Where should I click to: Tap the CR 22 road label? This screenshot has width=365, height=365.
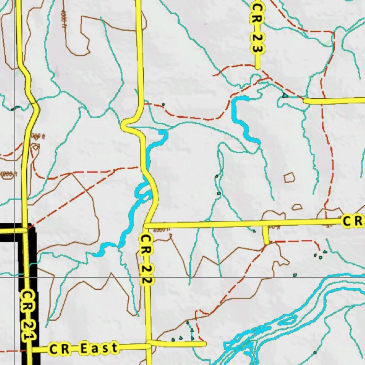(x=146, y=258)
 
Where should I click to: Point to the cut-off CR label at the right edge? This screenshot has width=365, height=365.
(x=353, y=221)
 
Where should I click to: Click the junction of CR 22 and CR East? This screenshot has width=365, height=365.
(x=149, y=345)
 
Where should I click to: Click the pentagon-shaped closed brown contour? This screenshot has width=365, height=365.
(x=289, y=177)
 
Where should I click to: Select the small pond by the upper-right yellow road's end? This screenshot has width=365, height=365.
(x=284, y=95)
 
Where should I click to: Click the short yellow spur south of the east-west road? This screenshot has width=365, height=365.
(x=266, y=235)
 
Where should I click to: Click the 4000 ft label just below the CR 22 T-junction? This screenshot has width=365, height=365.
(x=162, y=230)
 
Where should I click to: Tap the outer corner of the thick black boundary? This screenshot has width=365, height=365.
(x=32, y=226)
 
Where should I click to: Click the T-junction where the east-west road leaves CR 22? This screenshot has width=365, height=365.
(x=145, y=225)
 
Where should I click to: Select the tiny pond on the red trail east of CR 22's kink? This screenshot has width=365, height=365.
(x=163, y=104)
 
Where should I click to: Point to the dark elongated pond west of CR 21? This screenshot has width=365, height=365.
(x=15, y=108)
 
